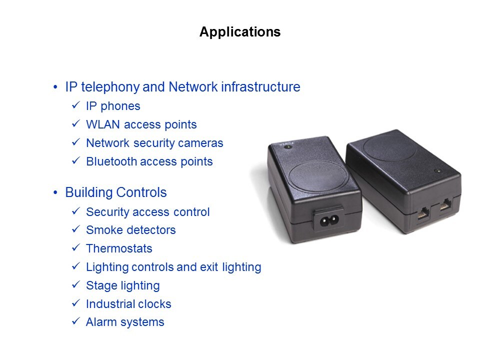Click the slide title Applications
[240, 32]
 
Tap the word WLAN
[103, 124]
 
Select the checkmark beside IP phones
[76, 105]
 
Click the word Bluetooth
[111, 161]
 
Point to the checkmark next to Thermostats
[76, 247]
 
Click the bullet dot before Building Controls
[55, 192]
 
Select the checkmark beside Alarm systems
[76, 321]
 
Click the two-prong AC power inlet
[329, 220]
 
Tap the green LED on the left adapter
[288, 147]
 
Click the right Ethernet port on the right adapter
[445, 204]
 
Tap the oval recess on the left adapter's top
[318, 177]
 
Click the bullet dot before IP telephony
[55, 87]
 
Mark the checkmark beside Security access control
[76, 211]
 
